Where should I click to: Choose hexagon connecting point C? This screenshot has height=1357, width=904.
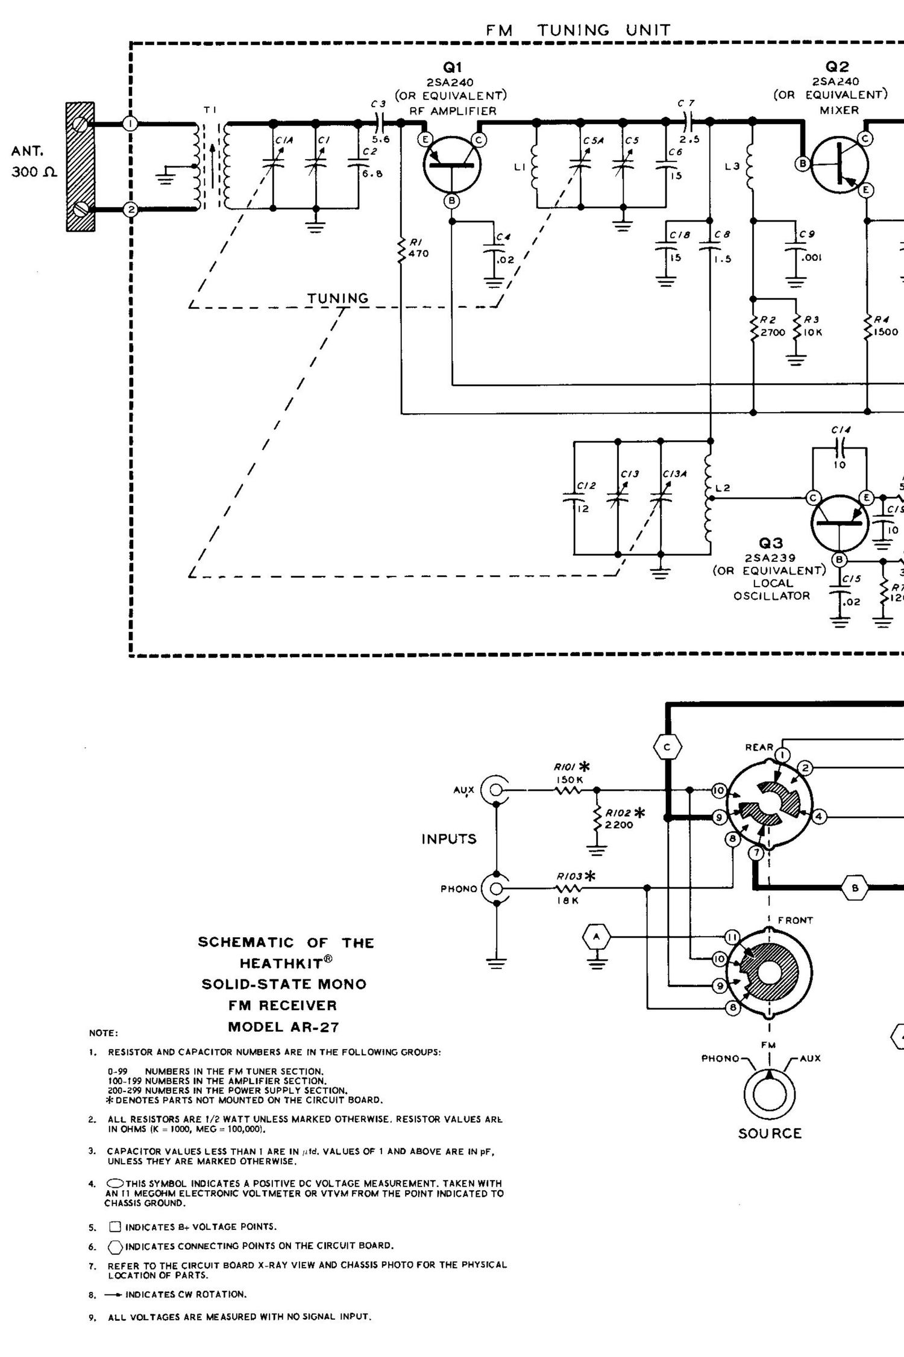point(667,747)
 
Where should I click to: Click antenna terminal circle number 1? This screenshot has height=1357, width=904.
point(130,123)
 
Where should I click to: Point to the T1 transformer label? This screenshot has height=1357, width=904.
point(210,110)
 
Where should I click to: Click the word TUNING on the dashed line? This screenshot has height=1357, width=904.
point(337,298)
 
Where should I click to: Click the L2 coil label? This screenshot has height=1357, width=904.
point(723,488)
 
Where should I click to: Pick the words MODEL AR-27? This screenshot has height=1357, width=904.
point(283,1027)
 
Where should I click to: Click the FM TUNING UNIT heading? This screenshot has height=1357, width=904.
point(578,30)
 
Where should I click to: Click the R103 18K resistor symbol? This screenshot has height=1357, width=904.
point(569,888)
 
